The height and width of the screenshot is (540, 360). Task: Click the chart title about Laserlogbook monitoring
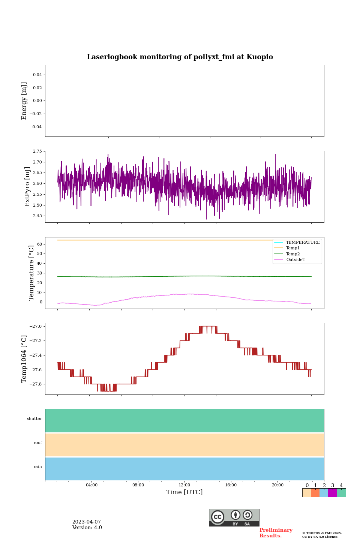click(180, 57)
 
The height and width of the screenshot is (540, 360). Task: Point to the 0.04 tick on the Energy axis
click(37, 75)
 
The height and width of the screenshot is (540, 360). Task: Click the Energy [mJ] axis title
click(24, 101)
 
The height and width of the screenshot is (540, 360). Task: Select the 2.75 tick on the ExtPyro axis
click(37, 151)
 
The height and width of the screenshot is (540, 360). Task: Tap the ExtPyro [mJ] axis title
click(27, 187)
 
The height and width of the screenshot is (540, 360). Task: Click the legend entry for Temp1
click(293, 248)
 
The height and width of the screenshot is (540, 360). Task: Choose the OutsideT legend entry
click(295, 260)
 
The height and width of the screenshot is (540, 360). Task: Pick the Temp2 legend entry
click(293, 254)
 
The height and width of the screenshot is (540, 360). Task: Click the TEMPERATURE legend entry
click(303, 242)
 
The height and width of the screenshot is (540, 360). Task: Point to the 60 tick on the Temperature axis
click(39, 244)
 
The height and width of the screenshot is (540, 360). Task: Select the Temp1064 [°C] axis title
click(24, 359)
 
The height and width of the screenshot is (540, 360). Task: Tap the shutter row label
click(34, 419)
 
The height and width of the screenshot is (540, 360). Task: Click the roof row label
click(38, 443)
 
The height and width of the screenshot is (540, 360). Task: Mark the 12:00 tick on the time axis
click(184, 485)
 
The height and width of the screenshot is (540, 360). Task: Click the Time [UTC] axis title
click(184, 492)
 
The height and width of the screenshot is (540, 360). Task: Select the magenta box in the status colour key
click(332, 493)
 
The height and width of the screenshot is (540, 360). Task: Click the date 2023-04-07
click(87, 522)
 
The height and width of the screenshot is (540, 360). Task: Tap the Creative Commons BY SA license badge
click(234, 517)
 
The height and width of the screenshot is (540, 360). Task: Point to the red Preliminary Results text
click(276, 533)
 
